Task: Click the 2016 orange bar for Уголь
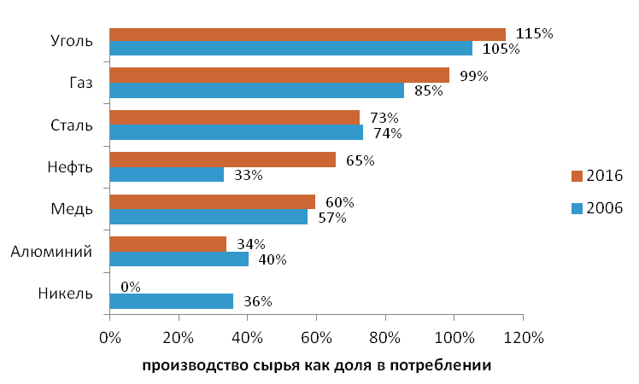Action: tap(308, 34)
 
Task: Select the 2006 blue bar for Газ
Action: tap(256, 90)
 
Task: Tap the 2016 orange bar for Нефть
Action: tap(223, 160)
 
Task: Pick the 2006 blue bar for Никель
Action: tap(171, 301)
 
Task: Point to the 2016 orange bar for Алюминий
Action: tap(168, 244)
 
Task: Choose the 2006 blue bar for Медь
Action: tap(208, 217)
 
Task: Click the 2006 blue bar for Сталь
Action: tap(237, 132)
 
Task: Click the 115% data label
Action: tap(536, 33)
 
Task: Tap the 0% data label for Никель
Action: tap(131, 287)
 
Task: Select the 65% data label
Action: tap(360, 160)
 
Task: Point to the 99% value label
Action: tap(473, 76)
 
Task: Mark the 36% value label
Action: tap(258, 301)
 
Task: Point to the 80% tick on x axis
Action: tap(385, 338)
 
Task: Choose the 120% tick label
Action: tap(523, 338)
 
